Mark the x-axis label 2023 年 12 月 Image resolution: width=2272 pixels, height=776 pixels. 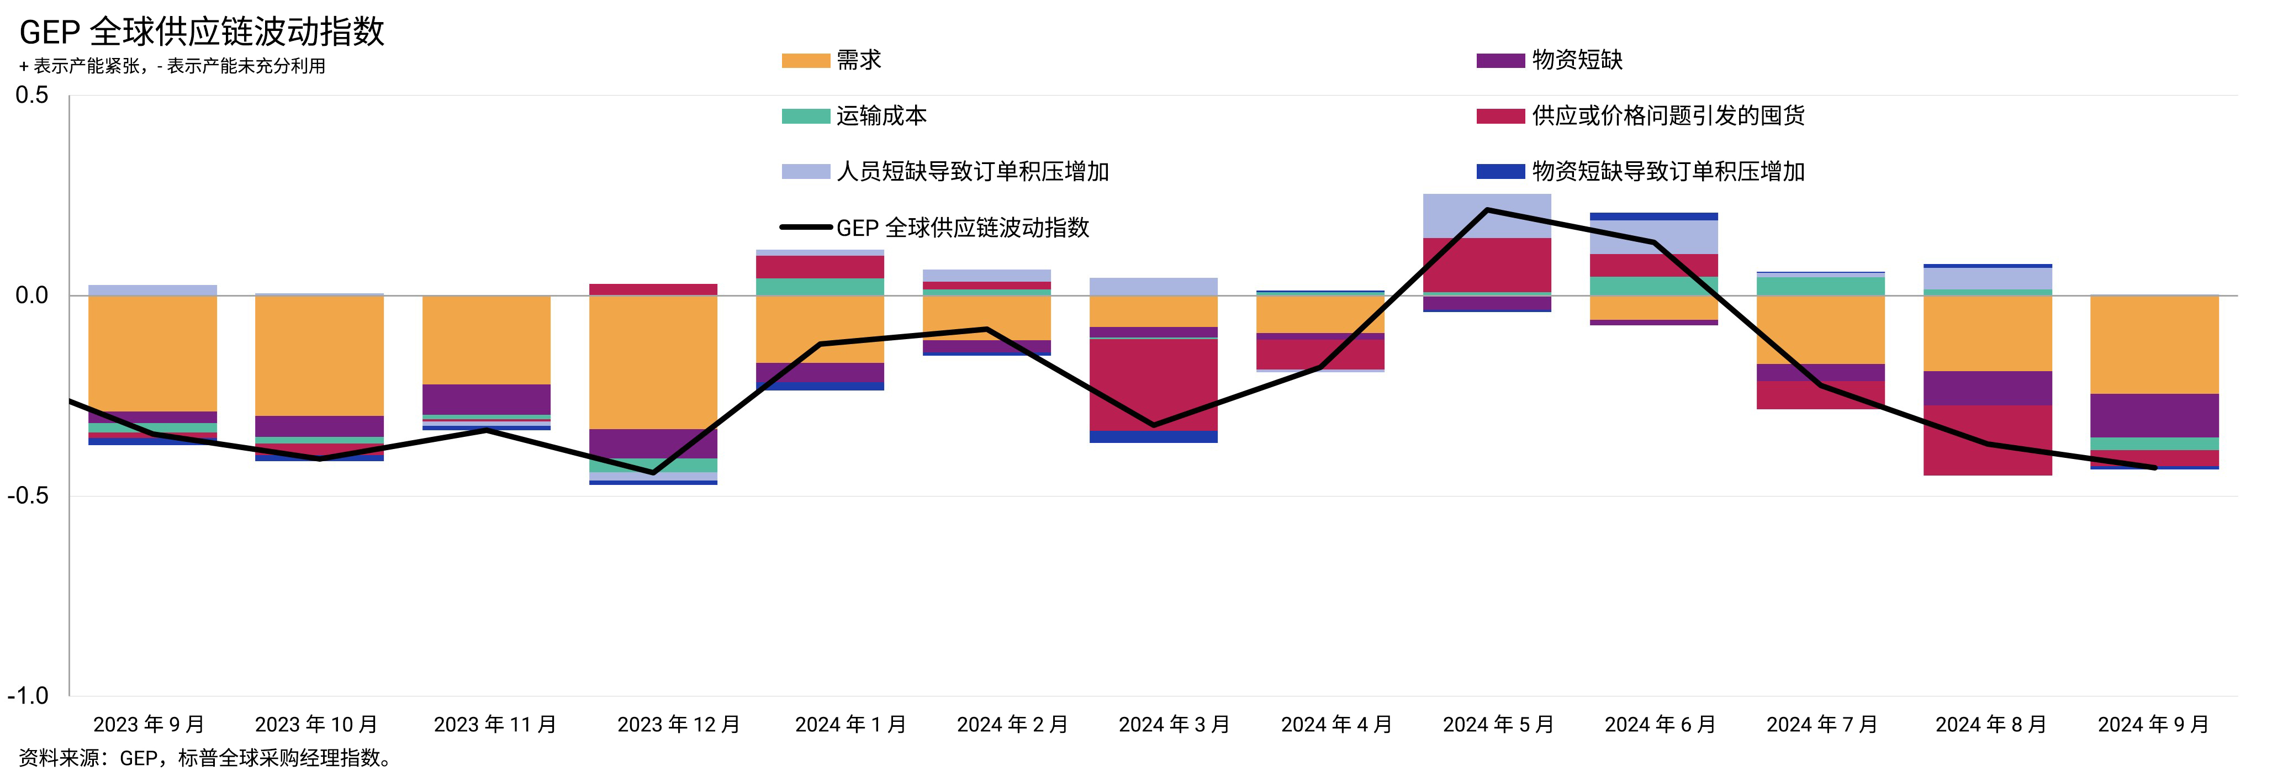click(678, 725)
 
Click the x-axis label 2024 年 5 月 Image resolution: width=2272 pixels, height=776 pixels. click(1498, 725)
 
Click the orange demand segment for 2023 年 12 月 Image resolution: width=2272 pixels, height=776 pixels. click(653, 362)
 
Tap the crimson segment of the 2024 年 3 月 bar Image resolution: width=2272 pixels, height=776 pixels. click(1154, 384)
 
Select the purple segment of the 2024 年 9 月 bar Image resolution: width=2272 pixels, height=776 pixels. click(2154, 415)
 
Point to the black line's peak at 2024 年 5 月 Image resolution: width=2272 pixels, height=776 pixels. click(1487, 210)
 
